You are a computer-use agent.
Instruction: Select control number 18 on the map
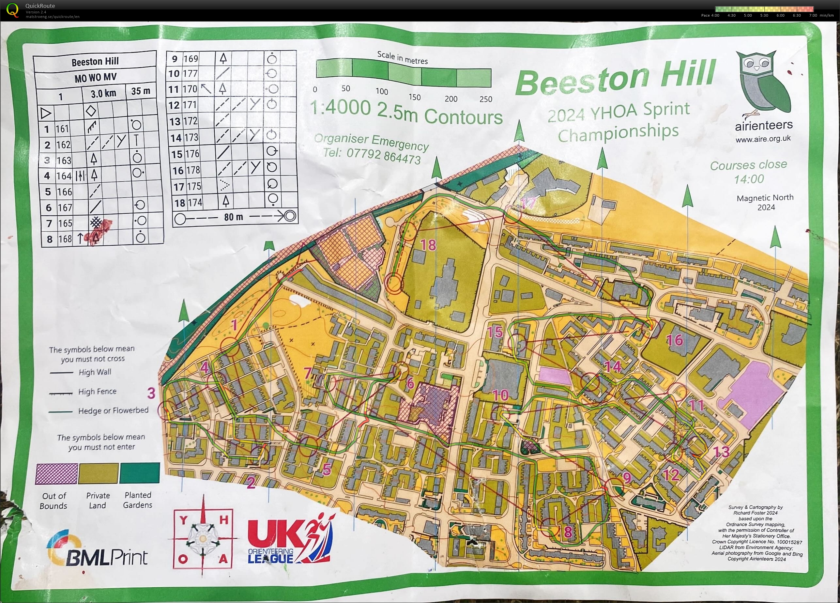pyautogui.click(x=428, y=245)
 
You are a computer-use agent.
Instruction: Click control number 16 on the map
pyautogui.click(x=674, y=340)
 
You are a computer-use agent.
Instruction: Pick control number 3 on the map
pyautogui.click(x=151, y=393)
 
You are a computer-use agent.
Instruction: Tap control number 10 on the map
pyautogui.click(x=500, y=395)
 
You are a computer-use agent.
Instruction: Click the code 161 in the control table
pyautogui.click(x=62, y=129)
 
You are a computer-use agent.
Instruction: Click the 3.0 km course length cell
pyautogui.click(x=103, y=93)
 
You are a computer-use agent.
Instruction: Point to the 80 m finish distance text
pyautogui.click(x=233, y=217)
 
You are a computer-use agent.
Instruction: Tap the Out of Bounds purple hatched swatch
pyautogui.click(x=56, y=474)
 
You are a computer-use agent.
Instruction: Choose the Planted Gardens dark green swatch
pyautogui.click(x=139, y=473)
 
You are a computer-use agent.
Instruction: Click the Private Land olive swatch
pyautogui.click(x=98, y=473)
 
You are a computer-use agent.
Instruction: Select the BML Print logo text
pyautogui.click(x=107, y=557)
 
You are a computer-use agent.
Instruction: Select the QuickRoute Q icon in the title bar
pyautogui.click(x=12, y=10)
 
